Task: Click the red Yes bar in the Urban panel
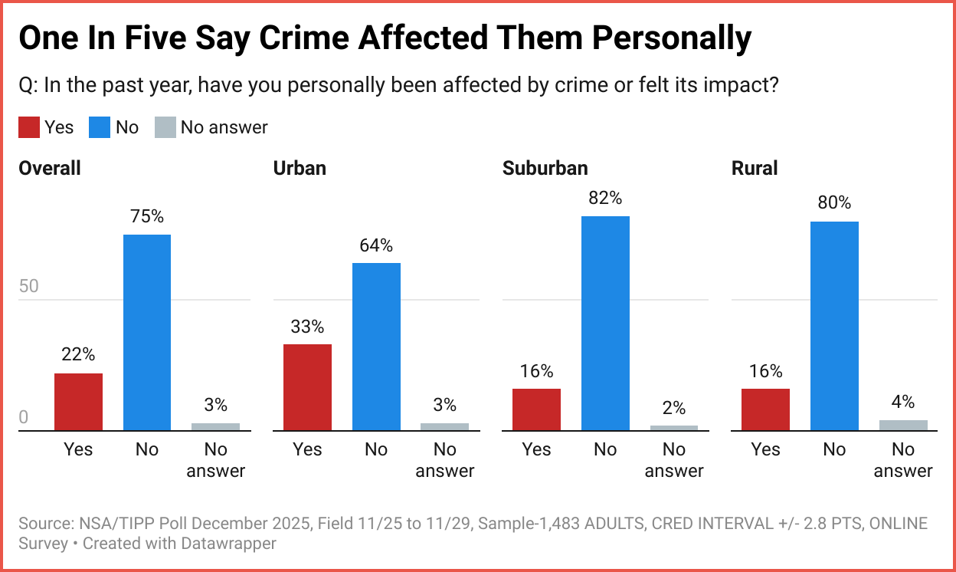click(x=307, y=387)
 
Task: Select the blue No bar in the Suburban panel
click(x=605, y=324)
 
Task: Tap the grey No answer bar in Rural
click(x=903, y=426)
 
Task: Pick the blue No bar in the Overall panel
click(x=147, y=333)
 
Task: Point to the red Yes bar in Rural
click(x=765, y=409)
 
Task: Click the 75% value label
click(x=147, y=216)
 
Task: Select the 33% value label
click(x=307, y=327)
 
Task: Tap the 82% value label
click(x=605, y=198)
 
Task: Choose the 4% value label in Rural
click(x=903, y=402)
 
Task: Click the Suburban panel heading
click(x=545, y=168)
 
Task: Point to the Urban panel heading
click(x=300, y=168)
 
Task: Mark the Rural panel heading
click(x=755, y=168)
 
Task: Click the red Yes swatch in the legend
click(x=28, y=127)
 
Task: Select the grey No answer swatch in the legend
click(x=165, y=127)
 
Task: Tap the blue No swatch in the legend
click(x=100, y=127)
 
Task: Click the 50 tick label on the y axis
click(x=28, y=287)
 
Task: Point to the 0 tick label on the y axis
click(x=23, y=418)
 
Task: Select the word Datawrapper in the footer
click(x=231, y=544)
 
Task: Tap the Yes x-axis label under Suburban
click(x=536, y=449)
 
